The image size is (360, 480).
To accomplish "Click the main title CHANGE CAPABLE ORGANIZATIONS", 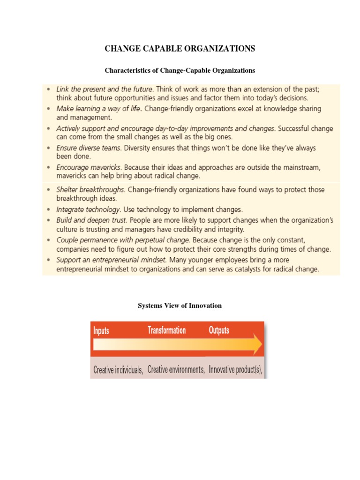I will [180, 48].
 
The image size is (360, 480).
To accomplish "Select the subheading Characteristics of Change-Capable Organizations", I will [180, 70].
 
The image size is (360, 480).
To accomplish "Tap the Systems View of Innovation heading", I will [180, 306].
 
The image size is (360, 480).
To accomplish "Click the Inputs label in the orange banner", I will [101, 330].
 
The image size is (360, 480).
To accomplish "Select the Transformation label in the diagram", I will [166, 330].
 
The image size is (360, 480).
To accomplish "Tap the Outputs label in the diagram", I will [218, 330].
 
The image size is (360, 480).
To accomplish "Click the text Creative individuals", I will [118, 370].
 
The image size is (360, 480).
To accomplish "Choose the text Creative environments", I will [176, 369].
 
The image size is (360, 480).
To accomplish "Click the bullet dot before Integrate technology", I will [50, 210].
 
